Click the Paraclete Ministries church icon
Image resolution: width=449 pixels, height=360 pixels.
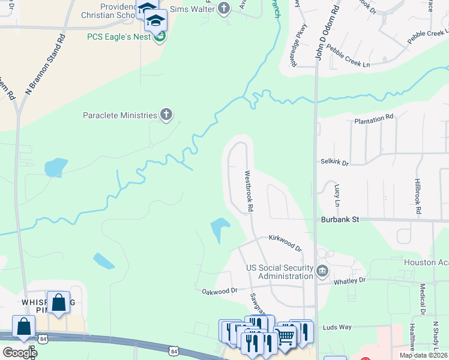click(x=166, y=114)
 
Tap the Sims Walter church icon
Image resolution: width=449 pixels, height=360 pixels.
click(x=224, y=8)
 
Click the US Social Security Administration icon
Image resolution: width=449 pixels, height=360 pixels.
click(x=322, y=272)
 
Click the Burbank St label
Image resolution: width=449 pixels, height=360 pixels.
click(x=339, y=220)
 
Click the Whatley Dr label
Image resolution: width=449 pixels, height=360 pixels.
click(x=349, y=280)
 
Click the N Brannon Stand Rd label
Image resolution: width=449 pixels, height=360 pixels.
click(x=44, y=63)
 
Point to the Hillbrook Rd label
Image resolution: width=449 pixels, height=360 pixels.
click(x=418, y=197)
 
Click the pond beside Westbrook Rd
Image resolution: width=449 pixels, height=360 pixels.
click(x=219, y=229)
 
